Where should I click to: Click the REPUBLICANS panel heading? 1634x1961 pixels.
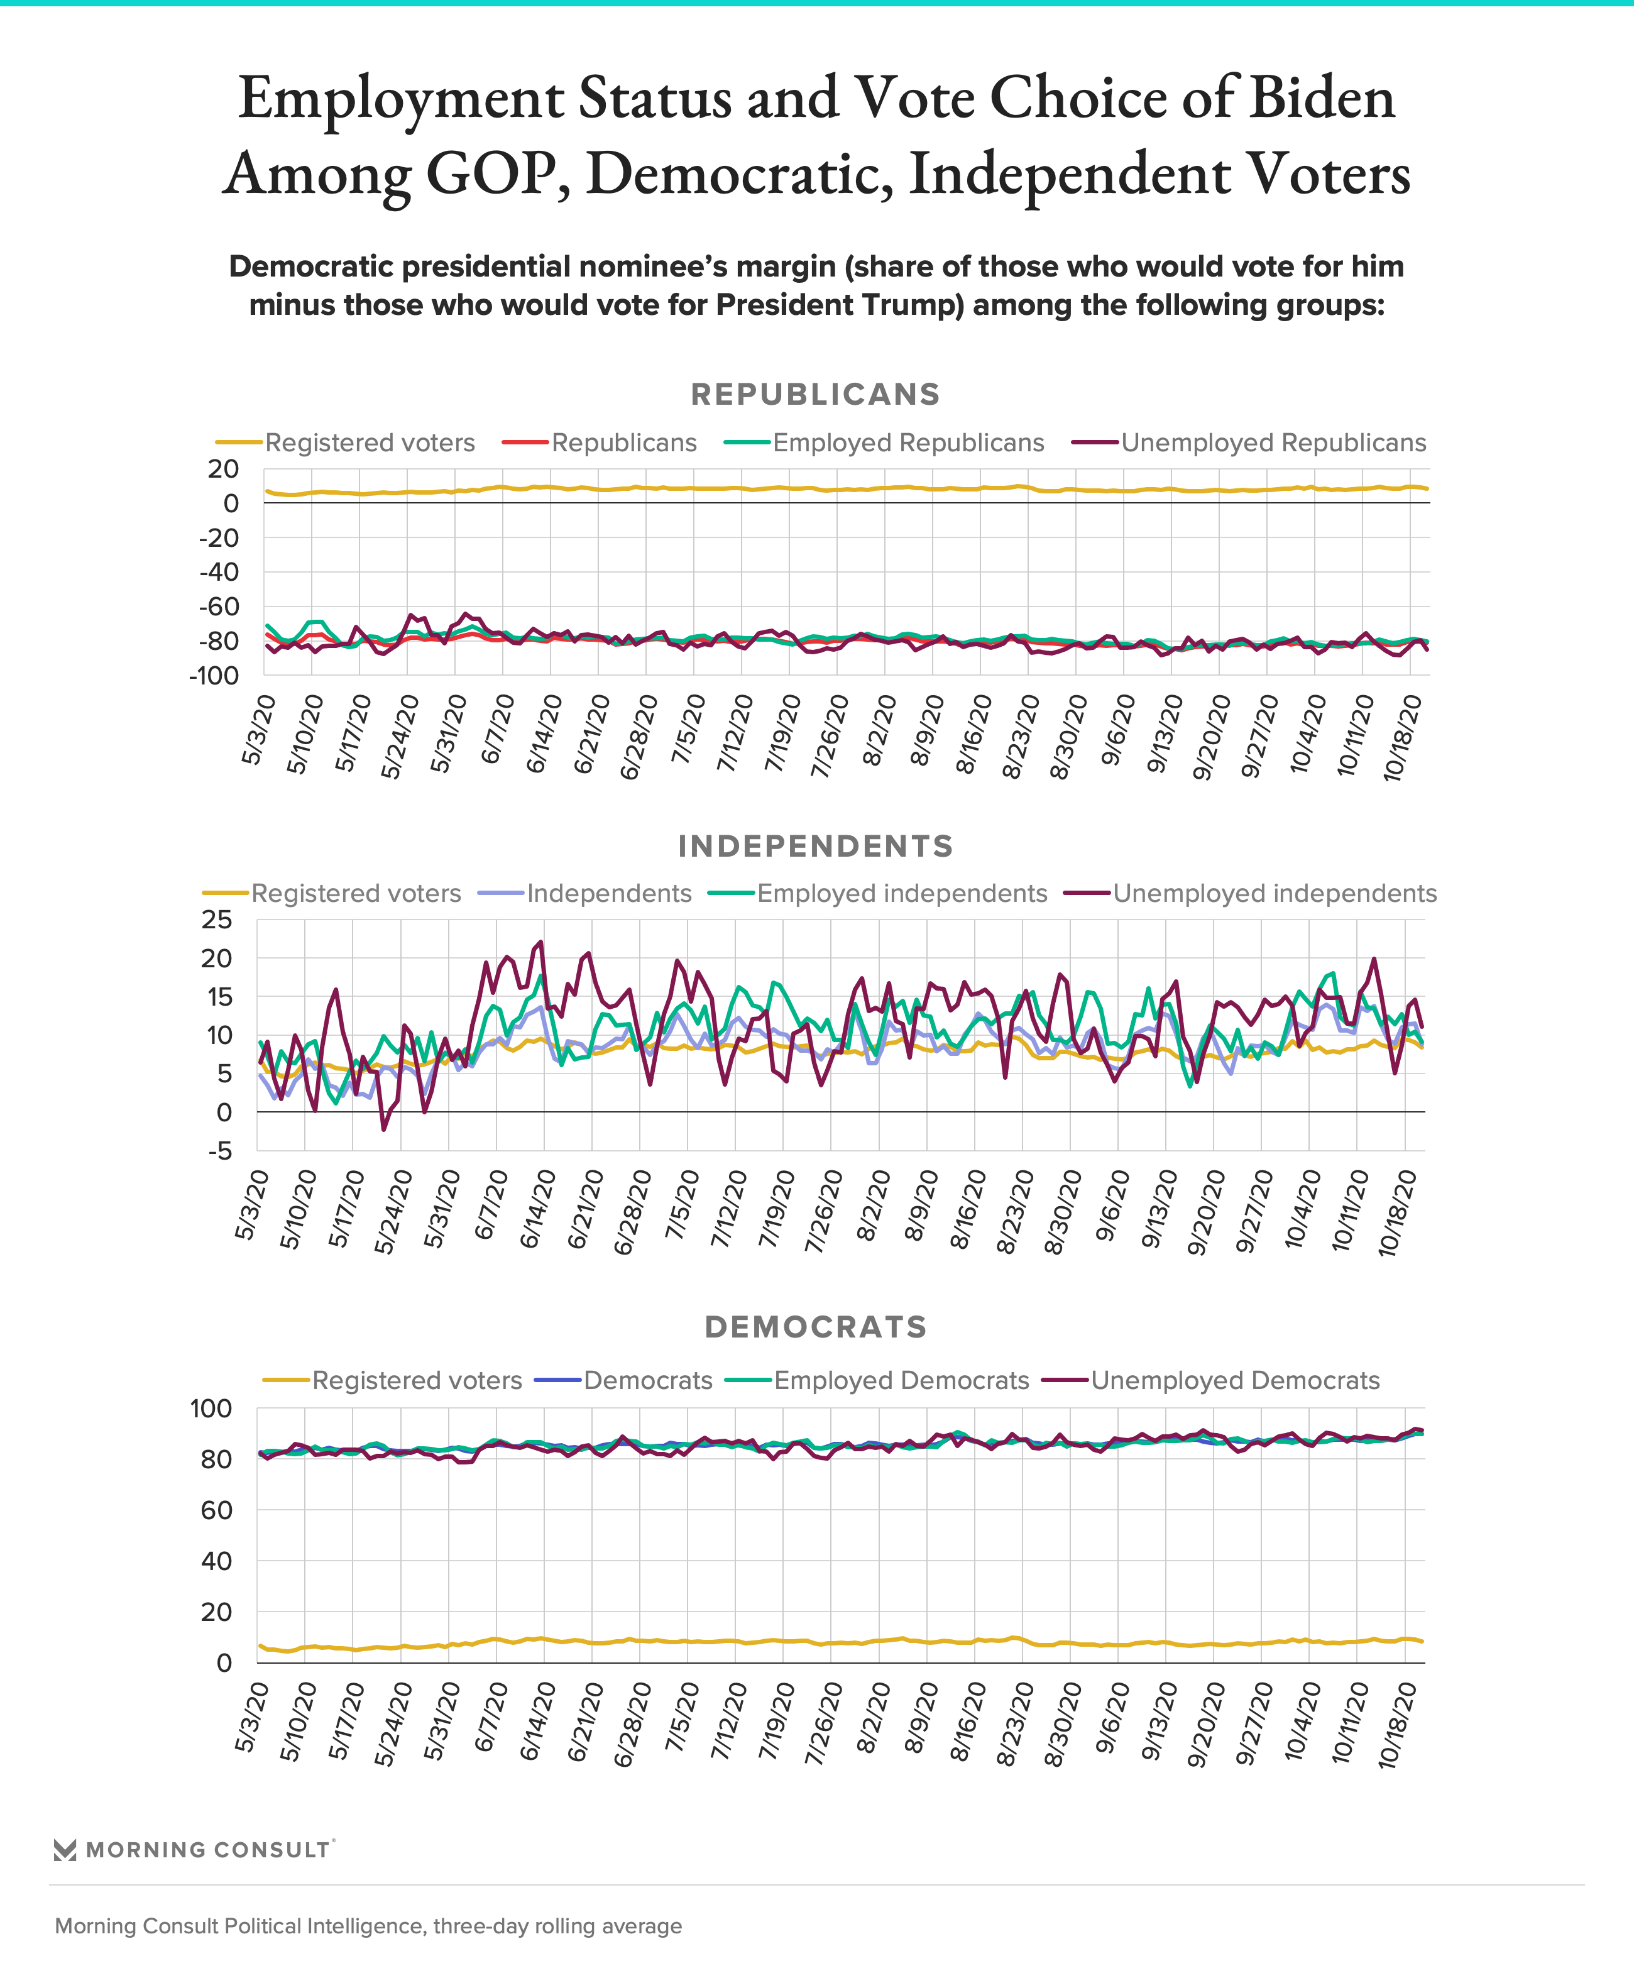(x=815, y=394)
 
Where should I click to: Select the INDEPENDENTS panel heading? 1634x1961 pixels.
(x=815, y=846)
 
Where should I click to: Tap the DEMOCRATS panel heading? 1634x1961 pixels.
(x=815, y=1327)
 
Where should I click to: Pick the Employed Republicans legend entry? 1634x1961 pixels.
(x=884, y=442)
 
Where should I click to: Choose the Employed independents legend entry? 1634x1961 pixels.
(x=878, y=894)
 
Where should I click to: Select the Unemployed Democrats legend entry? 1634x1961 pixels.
(x=1211, y=1380)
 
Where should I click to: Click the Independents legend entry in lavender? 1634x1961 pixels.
(x=586, y=894)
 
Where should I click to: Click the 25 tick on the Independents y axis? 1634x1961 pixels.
(x=217, y=920)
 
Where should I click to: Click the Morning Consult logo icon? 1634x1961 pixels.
(x=65, y=1850)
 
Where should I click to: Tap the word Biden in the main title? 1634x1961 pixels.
(x=1322, y=98)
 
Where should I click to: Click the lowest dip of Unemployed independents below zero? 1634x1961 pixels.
(x=383, y=1130)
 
